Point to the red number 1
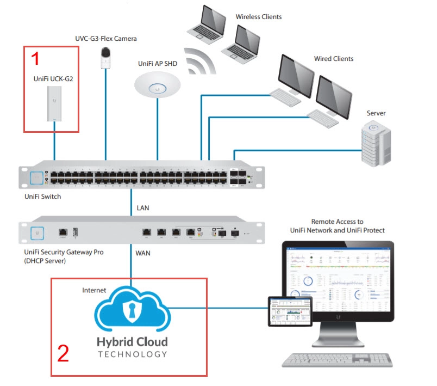[35, 57]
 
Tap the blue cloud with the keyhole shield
[132, 311]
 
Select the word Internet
[94, 291]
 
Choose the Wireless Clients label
[258, 17]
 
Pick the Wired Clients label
[333, 59]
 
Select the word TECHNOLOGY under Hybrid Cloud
[132, 354]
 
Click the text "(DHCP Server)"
[45, 261]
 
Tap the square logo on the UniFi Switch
[37, 177]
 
